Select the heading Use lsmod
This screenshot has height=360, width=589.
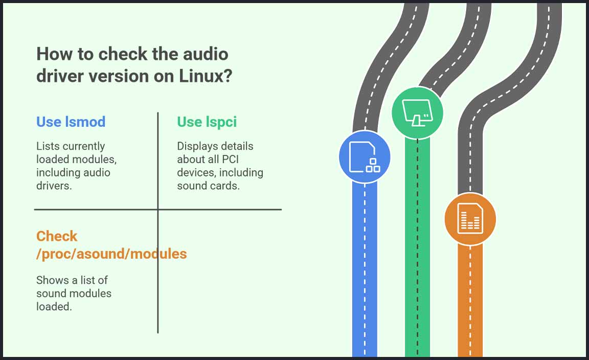pyautogui.click(x=71, y=122)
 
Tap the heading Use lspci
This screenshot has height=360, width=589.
pyautogui.click(x=207, y=122)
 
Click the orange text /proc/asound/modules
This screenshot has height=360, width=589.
pyautogui.click(x=111, y=253)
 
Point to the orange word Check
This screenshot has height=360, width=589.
pyautogui.click(x=57, y=236)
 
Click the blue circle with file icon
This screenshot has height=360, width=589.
pyautogui.click(x=365, y=157)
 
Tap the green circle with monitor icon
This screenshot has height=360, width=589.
pyautogui.click(x=417, y=113)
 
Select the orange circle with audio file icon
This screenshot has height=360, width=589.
pyautogui.click(x=469, y=219)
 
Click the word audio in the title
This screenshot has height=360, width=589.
pyautogui.click(x=204, y=54)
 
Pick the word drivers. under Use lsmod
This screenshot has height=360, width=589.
pyautogui.click(x=54, y=186)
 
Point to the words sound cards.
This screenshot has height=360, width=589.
pyautogui.click(x=208, y=186)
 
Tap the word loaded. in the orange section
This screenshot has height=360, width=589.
pyautogui.click(x=54, y=307)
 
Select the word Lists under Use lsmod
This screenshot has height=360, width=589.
pyautogui.click(x=48, y=146)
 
